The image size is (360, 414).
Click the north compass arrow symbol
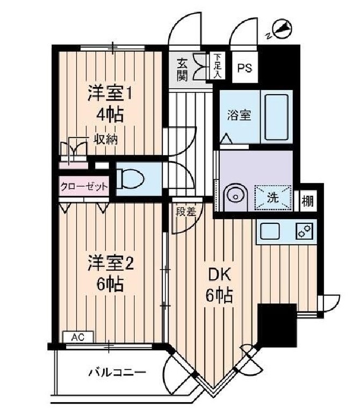pos(281,28)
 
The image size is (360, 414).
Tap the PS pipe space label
pos(244,68)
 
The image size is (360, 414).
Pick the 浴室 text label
pos(239,115)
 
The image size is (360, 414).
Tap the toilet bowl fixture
pos(129,179)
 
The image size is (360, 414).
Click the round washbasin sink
pos(234,195)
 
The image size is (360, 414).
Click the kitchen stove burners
pos(304,231)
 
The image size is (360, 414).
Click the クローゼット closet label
pos(84,186)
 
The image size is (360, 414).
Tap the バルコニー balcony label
pos(117,372)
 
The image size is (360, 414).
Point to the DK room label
pos(219,276)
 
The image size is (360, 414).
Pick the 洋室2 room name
pos(110,263)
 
